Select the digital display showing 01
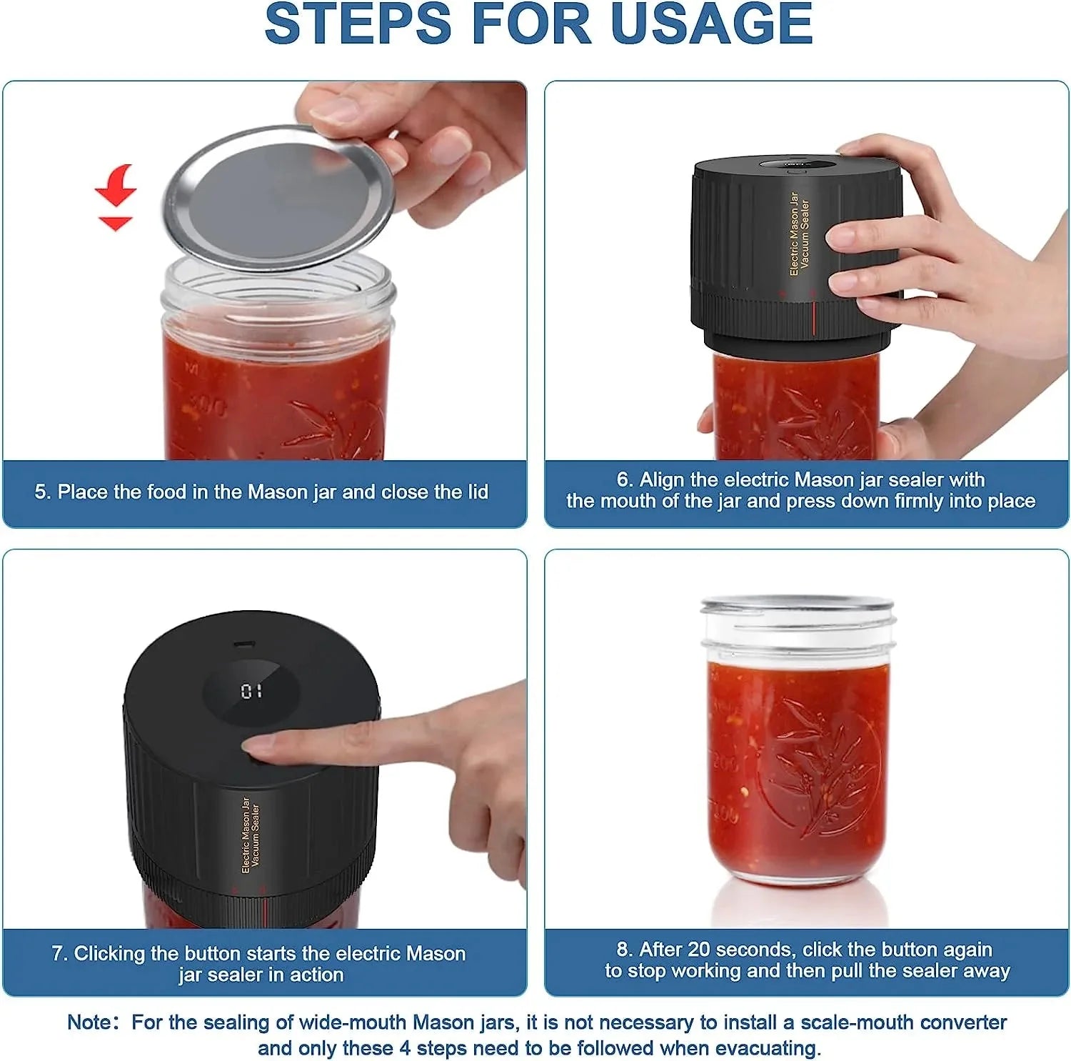pyautogui.click(x=251, y=691)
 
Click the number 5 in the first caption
pyautogui.click(x=41, y=492)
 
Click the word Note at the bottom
pyautogui.click(x=89, y=1022)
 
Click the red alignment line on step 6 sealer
pyautogui.click(x=813, y=318)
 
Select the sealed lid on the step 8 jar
pyautogui.click(x=797, y=604)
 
